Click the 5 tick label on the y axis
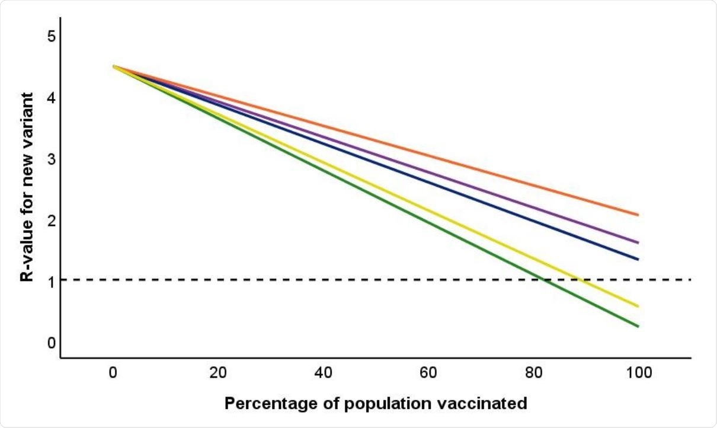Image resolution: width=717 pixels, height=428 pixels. [x=51, y=36]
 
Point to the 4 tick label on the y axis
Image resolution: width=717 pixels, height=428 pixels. [x=51, y=98]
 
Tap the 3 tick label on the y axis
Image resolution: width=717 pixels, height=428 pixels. [x=51, y=159]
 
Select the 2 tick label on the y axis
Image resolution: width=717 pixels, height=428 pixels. [x=51, y=221]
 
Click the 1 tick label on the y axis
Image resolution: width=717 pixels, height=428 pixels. [x=51, y=282]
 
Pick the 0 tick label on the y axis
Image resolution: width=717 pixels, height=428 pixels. [x=51, y=343]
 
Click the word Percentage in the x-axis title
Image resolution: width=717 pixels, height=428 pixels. [x=263, y=404]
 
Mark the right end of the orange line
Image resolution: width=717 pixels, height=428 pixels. [x=638, y=215]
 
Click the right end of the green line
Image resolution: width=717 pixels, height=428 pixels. [x=638, y=327]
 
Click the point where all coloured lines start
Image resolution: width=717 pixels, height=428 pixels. [x=113, y=66]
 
